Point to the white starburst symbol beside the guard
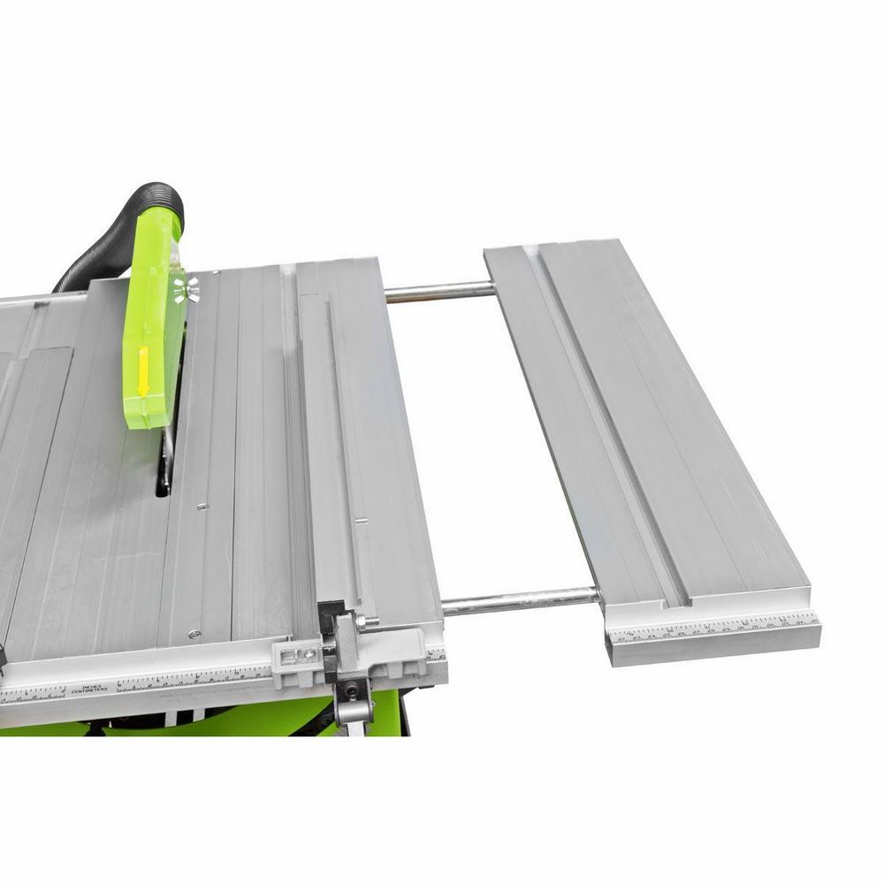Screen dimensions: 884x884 click(x=186, y=288)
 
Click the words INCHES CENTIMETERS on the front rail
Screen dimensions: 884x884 click(x=98, y=687)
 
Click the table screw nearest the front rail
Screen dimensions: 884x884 click(x=193, y=633)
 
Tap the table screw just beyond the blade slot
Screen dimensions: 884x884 click(x=202, y=507)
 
